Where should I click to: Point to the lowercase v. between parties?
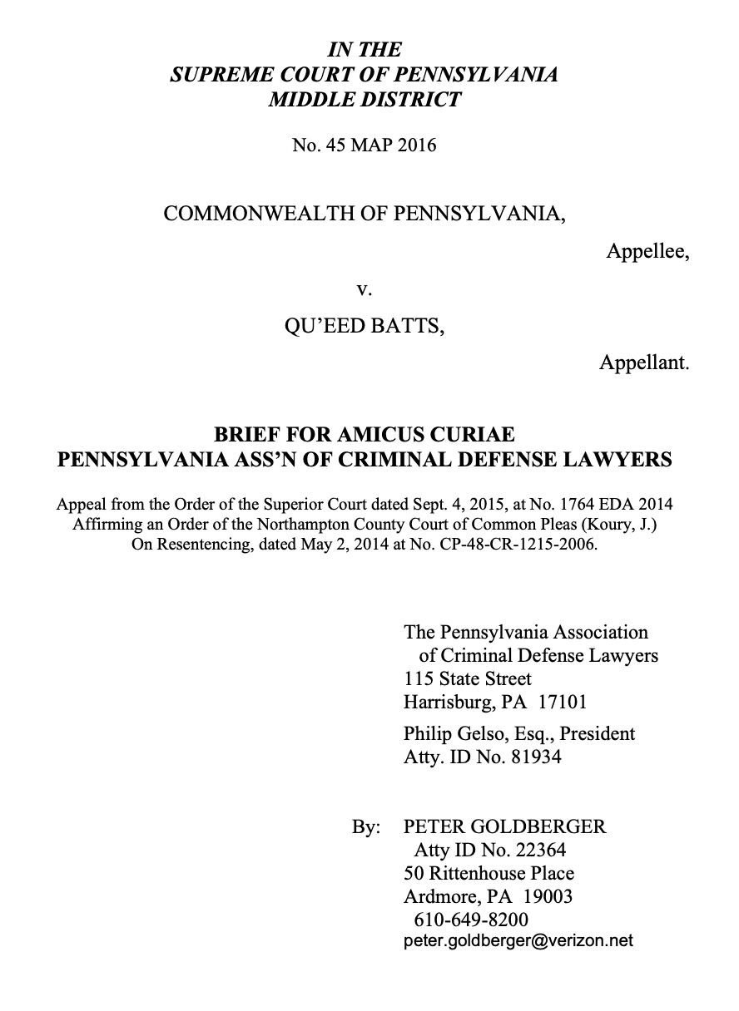(x=363, y=289)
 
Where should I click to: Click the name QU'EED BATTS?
(x=364, y=326)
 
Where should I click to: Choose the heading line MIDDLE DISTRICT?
(x=364, y=100)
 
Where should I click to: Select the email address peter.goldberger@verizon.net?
(x=518, y=940)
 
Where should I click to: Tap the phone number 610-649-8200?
(x=470, y=920)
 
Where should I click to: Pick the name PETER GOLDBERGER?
(x=504, y=826)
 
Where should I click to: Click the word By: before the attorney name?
(x=366, y=826)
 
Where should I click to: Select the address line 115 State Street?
(x=467, y=678)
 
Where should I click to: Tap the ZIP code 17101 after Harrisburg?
(x=563, y=702)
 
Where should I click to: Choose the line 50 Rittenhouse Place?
(x=489, y=874)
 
